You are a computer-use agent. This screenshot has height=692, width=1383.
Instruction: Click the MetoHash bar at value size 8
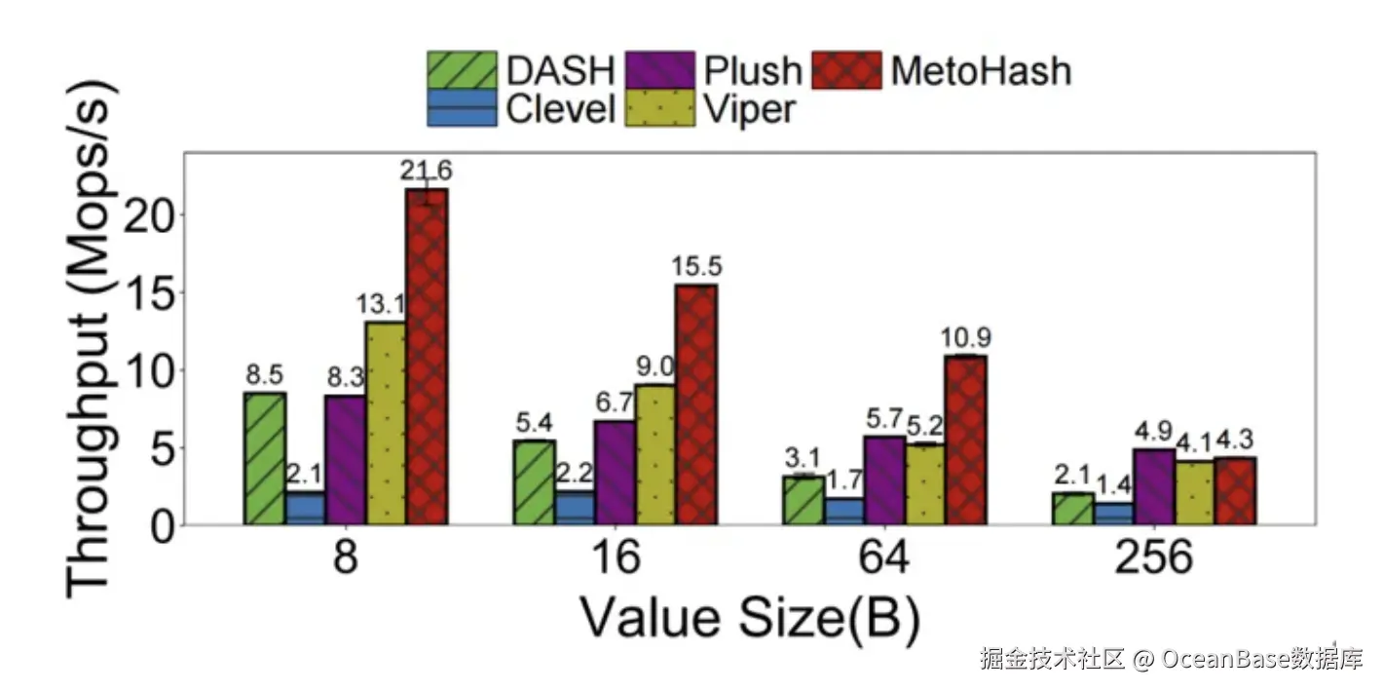[427, 357]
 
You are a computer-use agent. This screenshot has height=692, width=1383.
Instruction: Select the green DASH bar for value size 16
[534, 482]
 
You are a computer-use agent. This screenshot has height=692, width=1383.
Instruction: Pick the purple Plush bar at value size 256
[1153, 487]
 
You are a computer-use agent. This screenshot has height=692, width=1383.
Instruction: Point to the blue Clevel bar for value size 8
[305, 508]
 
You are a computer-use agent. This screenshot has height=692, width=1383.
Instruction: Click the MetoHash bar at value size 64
[966, 441]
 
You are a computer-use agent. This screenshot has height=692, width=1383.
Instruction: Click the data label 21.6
[426, 170]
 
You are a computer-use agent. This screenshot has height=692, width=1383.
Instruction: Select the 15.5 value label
[695, 266]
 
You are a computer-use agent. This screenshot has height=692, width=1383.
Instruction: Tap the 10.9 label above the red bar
[966, 338]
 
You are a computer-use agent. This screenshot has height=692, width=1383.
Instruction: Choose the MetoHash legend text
[980, 70]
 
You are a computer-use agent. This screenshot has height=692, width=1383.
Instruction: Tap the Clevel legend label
[560, 108]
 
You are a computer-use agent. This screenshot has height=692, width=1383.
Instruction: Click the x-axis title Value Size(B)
[750, 618]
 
